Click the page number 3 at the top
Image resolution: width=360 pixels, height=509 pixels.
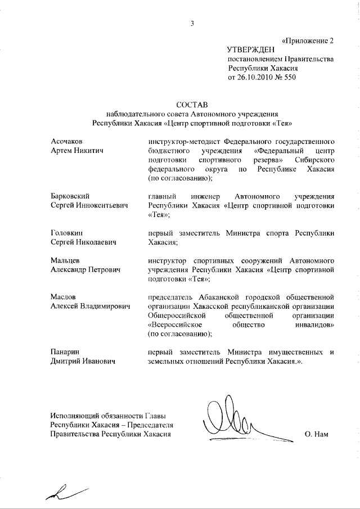192,23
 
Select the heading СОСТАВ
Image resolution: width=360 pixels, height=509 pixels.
192,105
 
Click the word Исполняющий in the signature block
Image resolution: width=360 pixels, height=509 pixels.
76,415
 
